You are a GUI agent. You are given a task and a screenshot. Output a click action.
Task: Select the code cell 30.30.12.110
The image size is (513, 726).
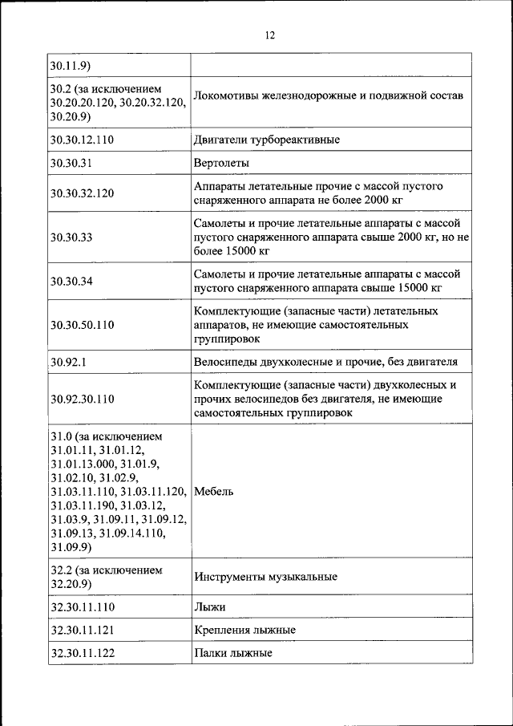pos(82,140)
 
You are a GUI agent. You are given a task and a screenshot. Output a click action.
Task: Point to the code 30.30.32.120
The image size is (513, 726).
pos(82,193)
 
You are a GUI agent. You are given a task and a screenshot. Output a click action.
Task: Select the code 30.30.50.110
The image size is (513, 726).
pos(82,325)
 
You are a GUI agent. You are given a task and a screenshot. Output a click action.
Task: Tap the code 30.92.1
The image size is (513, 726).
pos(67,362)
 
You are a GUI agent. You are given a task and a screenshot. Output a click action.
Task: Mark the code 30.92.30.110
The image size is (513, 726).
pos(82,399)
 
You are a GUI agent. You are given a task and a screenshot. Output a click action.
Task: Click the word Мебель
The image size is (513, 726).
pos(214,491)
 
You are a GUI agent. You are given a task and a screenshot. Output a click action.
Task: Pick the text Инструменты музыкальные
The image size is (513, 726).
pos(265,576)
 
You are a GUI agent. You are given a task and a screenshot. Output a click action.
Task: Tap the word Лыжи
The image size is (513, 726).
pos(209,607)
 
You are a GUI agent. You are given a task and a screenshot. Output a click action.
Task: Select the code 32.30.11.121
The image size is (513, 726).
pos(82,630)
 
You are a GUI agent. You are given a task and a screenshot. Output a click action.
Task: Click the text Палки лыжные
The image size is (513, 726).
pos(232,653)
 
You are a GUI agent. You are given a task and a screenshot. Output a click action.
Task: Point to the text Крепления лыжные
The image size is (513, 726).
pos(244,630)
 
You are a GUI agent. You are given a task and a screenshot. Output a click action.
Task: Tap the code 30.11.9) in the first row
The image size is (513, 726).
pos(68,65)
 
